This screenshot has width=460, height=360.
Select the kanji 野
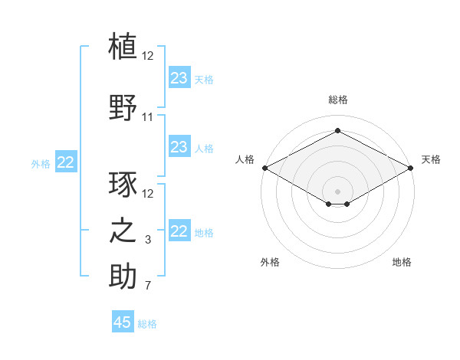click(x=123, y=107)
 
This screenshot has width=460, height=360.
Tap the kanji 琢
click(x=123, y=185)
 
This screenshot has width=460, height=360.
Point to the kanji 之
click(x=123, y=231)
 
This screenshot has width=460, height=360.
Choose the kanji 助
click(x=123, y=277)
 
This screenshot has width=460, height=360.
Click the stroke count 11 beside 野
click(x=148, y=117)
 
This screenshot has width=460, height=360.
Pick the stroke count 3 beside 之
click(x=148, y=241)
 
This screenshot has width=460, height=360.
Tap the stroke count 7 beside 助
click(x=148, y=286)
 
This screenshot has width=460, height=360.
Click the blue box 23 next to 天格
click(x=179, y=78)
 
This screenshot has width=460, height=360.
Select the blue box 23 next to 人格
click(x=179, y=147)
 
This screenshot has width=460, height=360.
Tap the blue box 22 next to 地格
click(x=179, y=231)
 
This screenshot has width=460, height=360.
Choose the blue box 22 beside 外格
click(x=66, y=162)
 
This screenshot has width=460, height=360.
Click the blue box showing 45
click(x=122, y=322)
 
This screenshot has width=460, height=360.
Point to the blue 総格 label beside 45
click(x=147, y=323)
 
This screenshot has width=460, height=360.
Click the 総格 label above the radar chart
click(x=337, y=100)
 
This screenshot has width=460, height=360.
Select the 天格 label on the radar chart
click(x=431, y=159)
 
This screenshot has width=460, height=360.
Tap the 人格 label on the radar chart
click(x=245, y=159)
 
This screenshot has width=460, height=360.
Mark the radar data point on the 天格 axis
click(x=410, y=168)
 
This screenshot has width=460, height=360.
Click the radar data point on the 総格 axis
click(x=337, y=130)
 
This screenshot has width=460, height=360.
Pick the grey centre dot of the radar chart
click(x=337, y=190)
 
